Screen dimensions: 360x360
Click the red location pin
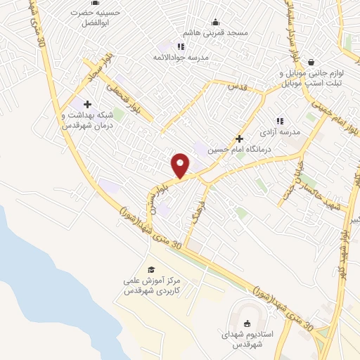(x=180, y=165)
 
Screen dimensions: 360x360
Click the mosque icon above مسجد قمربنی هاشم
(x=215, y=22)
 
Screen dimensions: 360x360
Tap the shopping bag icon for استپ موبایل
(x=311, y=61)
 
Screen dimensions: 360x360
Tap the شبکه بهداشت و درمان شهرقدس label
(x=88, y=120)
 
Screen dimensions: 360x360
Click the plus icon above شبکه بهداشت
(x=87, y=104)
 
